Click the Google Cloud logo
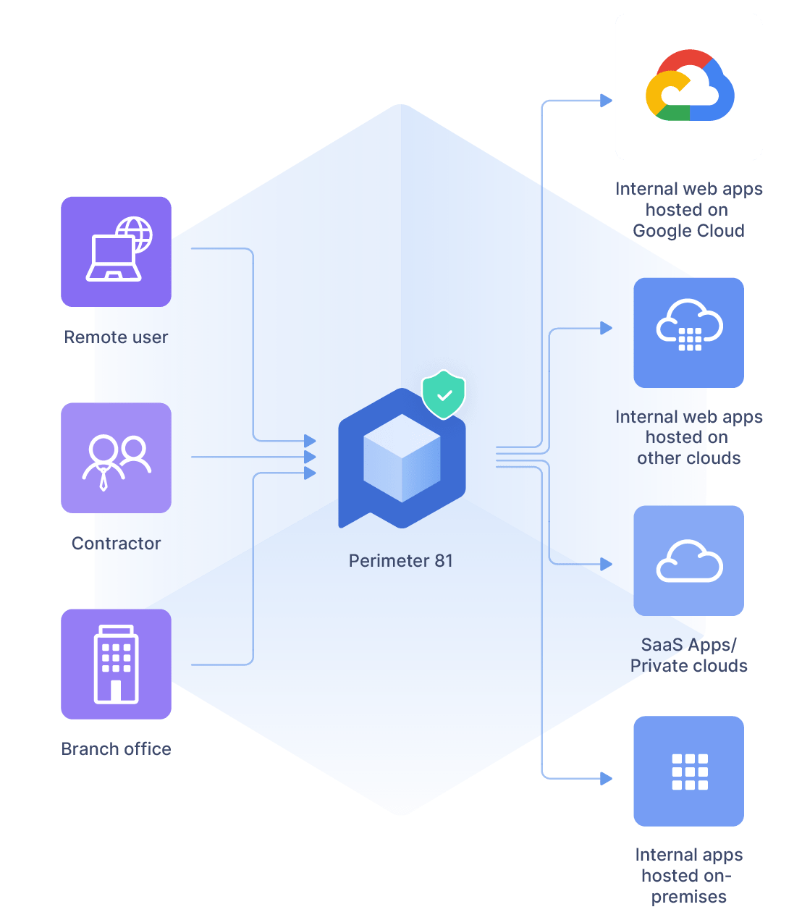[x=689, y=86]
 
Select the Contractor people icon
[x=116, y=459]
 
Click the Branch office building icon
[x=116, y=664]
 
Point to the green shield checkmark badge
[x=444, y=395]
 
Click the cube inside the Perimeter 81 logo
[x=402, y=458]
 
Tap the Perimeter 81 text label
[x=400, y=561]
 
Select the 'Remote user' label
[x=116, y=337]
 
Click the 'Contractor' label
[x=116, y=544]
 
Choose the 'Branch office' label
[x=116, y=749]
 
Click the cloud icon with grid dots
[x=689, y=326]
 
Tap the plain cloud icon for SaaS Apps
[x=689, y=561]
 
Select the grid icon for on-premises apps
[x=689, y=772]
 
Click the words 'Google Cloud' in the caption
[x=688, y=231]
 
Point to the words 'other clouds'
[x=688, y=458]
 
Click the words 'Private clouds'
[x=688, y=666]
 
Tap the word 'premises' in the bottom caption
[x=688, y=897]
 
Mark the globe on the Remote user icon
[x=135, y=233]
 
